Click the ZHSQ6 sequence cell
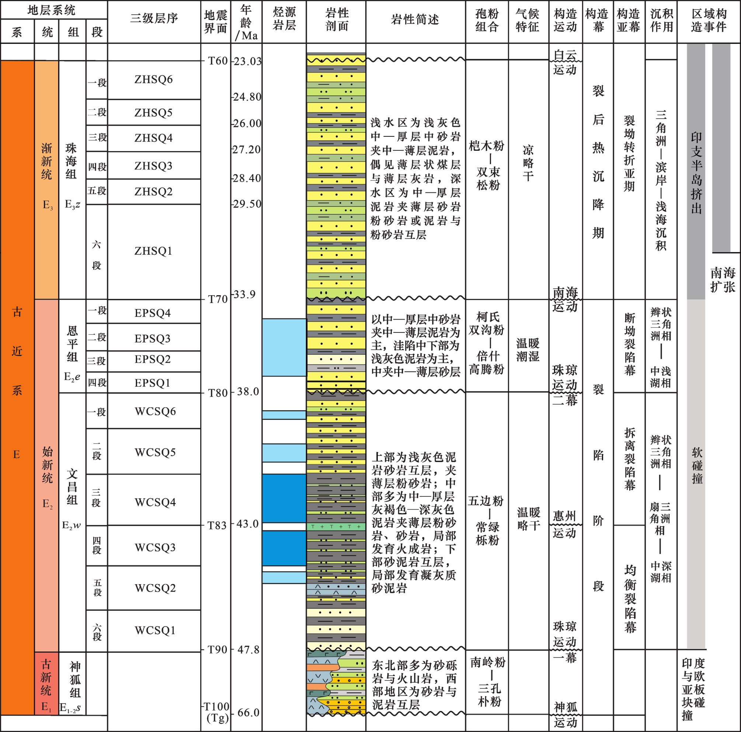pos(153,79)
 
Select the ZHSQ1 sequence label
pos(153,251)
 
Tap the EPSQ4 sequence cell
pos(153,313)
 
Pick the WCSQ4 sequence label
pos(155,502)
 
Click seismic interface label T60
pos(218,61)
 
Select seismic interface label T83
pos(218,525)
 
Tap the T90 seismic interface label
pos(218,649)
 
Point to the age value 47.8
pos(248,649)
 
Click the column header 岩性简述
pos(415,20)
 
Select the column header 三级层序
pos(154,18)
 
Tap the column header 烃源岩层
pos(284,19)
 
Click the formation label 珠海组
pos(72,161)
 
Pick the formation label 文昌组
pos(72,487)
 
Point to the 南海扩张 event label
pos(723,279)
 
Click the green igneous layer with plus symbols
pos(336,526)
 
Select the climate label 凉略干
pos(528,163)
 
